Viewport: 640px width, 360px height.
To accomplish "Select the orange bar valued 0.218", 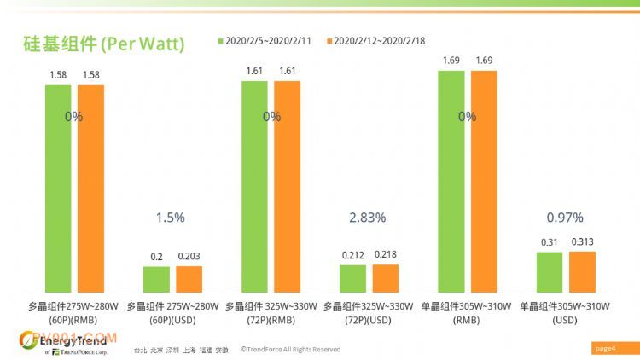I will click(385, 279).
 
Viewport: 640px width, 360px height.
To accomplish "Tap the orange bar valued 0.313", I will click(582, 272).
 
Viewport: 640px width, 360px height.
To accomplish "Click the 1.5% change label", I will click(171, 218).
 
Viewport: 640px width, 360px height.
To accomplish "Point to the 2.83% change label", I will click(368, 218).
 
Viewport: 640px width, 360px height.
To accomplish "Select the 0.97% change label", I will click(565, 218).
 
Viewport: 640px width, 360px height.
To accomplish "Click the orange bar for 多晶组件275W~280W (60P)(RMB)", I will click(90, 189).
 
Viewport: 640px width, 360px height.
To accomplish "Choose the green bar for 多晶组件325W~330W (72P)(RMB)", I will click(254, 187).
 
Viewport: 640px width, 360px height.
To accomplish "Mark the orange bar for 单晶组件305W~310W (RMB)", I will click(484, 183).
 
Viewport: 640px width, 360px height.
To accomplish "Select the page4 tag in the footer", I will click(604, 348).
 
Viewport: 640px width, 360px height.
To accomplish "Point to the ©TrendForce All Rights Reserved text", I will click(290, 349).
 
